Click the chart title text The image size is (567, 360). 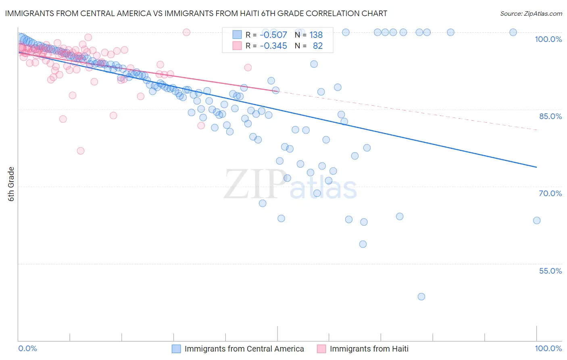pos(196,13)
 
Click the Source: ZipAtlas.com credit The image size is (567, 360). pos(531,14)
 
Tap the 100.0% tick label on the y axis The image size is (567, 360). pos(548,39)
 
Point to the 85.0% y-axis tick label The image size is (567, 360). pos(550,116)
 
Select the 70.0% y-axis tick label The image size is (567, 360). pos(550,193)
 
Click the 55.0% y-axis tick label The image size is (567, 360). pos(550,271)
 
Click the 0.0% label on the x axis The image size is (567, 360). pos(27,348)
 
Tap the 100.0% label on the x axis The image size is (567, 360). pos(548,348)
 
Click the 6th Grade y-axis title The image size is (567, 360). pos(11,184)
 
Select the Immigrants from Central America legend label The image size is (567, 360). pos(244,349)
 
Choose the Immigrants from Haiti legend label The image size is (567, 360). pos(369,349)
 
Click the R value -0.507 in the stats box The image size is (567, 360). pos(273,35)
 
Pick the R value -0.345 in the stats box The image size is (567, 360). pos(273,46)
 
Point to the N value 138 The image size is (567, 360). pos(316,35)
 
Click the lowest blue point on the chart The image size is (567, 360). pos(421,297)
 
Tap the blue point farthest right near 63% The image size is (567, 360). pos(537,220)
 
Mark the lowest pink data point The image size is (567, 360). pos(81,151)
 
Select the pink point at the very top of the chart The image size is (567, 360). pos(186,32)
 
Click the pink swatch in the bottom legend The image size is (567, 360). pos(321,349)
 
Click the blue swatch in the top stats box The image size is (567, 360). pos(237,35)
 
